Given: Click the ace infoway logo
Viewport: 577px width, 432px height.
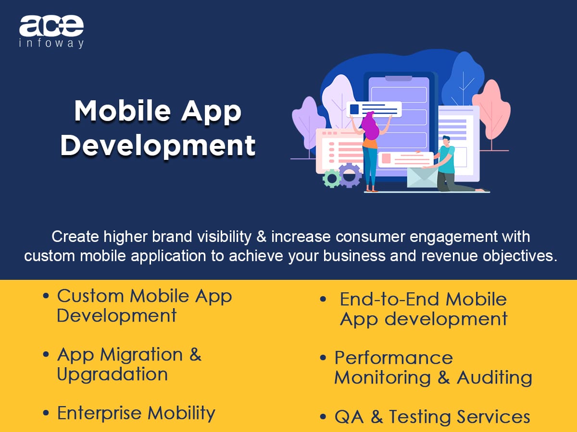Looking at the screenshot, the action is pos(51,32).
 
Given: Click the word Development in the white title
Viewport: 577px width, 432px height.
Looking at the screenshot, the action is pos(158,146).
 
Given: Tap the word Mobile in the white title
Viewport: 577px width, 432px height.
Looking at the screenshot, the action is pos(123,111).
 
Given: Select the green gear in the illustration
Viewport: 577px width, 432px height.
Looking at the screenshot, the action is pos(331,179).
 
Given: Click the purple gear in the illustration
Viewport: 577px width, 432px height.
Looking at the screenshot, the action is pos(350,175).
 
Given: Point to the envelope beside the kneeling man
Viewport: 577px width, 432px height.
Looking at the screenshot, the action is pos(422,177).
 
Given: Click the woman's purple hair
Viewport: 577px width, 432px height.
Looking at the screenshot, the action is pos(370,126).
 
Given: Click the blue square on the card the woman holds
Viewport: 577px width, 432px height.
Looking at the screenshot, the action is pos(354,109).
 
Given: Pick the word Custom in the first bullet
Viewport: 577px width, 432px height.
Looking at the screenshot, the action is pos(90,296).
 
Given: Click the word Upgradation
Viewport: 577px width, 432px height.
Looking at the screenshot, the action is pos(112,374).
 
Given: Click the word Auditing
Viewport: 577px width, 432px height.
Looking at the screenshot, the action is pos(494,378).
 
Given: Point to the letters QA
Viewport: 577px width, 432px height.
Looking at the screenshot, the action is pos(349,417).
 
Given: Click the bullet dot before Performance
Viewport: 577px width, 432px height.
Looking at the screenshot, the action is pos(323,357).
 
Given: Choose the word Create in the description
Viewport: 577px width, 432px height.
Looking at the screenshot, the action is pos(75,237).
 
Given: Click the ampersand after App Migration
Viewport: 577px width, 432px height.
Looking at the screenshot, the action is pos(195,354).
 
